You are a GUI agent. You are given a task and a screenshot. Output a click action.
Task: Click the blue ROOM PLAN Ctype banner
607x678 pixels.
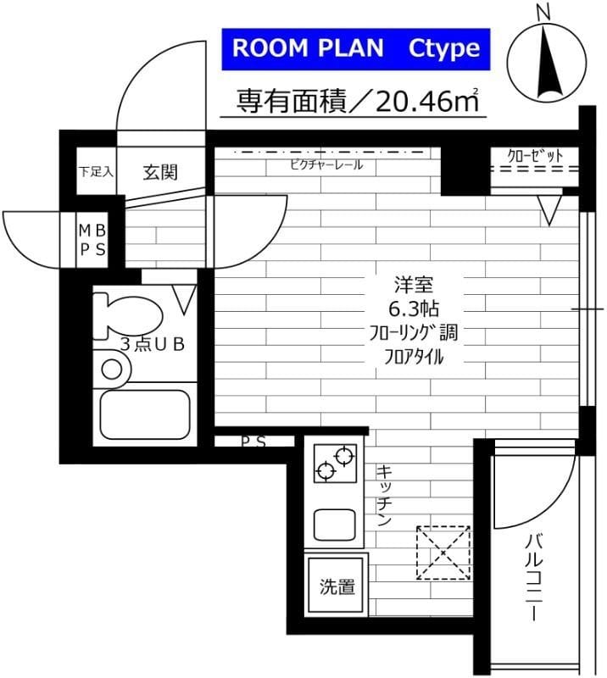pyautogui.click(x=356, y=48)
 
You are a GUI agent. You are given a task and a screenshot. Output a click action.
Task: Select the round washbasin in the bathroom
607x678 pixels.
pyautogui.click(x=112, y=369)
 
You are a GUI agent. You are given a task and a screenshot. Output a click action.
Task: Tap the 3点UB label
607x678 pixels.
pyautogui.click(x=152, y=344)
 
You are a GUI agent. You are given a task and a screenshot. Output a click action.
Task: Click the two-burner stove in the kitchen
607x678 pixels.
pyautogui.click(x=334, y=464)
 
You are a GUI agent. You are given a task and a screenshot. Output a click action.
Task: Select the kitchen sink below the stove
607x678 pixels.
pyautogui.click(x=335, y=523)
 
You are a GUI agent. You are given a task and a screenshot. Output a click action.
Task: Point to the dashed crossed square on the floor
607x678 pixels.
pyautogui.click(x=443, y=553)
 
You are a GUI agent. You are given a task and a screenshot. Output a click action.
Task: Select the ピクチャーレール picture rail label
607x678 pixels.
pyautogui.click(x=326, y=164)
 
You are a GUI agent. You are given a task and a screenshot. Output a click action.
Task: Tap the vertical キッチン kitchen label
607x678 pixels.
pyautogui.click(x=383, y=497)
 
